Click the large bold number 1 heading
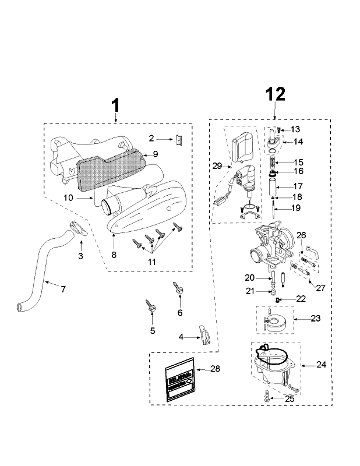pos(115,105)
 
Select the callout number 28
pos(216,369)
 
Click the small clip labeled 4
pos(203,334)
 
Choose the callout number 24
pos(322,365)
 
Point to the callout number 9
pos(156,154)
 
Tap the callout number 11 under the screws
pos(151,262)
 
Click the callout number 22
pos(301,298)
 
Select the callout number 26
pos(301,235)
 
